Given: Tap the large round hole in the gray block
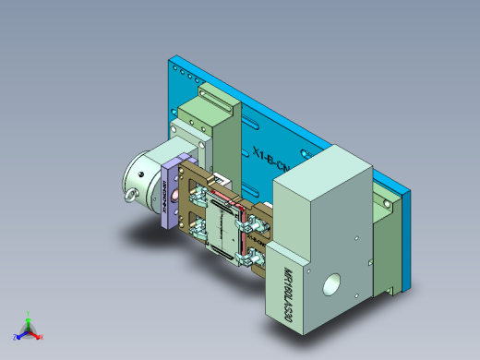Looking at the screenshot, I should pyautogui.click(x=329, y=286).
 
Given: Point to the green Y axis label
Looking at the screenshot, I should pyautogui.click(x=30, y=312).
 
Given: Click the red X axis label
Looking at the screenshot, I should pyautogui.click(x=42, y=337).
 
